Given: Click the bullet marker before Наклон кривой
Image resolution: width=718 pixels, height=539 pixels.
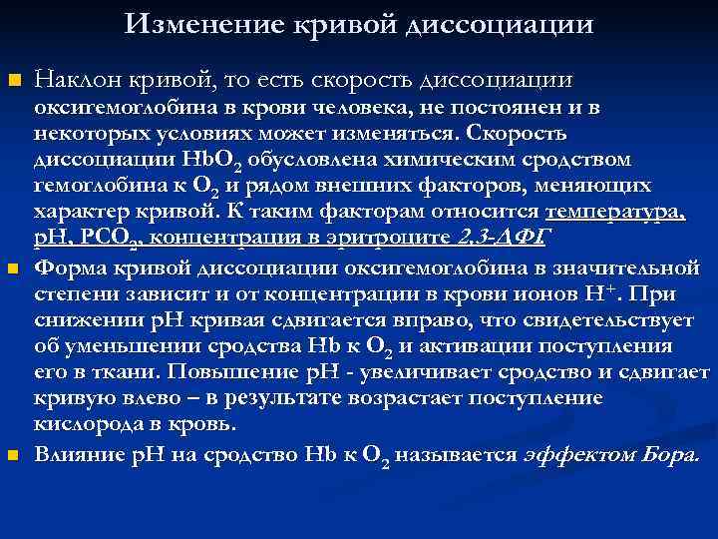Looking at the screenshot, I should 12,79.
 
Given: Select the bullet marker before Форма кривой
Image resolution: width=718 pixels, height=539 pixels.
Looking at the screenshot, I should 12,269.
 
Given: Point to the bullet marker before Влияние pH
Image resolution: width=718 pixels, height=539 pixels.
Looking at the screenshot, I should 12,455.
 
